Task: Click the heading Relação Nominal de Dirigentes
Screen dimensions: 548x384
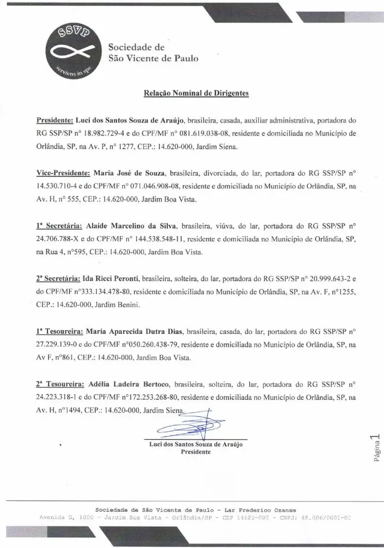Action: pos(196,93)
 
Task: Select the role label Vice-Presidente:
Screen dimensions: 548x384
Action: pos(63,174)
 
